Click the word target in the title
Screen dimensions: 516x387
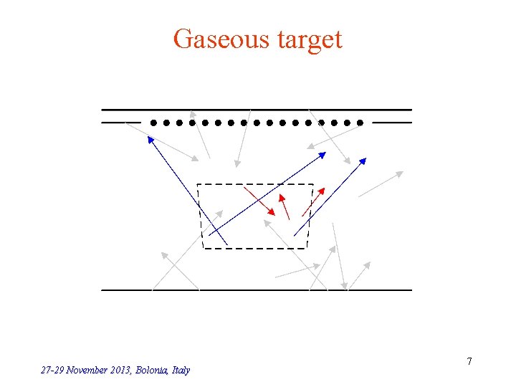pyautogui.click(x=306, y=39)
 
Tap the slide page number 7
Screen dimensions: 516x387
pyautogui.click(x=469, y=361)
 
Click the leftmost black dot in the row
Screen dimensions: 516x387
pyautogui.click(x=153, y=123)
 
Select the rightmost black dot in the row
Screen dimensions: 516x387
pyautogui.click(x=360, y=123)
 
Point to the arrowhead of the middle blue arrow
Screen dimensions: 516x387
pyautogui.click(x=322, y=153)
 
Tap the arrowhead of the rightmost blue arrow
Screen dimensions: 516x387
pyautogui.click(x=363, y=161)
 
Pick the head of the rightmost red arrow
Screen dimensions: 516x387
pyautogui.click(x=322, y=191)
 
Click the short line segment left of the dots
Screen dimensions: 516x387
pyautogui.click(x=120, y=123)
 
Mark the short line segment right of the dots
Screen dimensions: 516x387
pyautogui.click(x=392, y=123)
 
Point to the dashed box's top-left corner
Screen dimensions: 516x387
pyautogui.click(x=199, y=185)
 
